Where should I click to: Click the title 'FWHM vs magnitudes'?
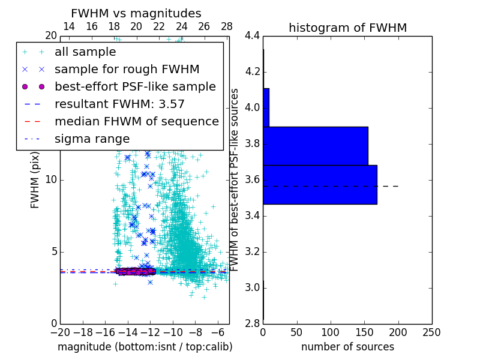tap(136, 13)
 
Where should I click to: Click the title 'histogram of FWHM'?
tap(347, 28)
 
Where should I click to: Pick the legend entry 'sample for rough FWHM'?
tap(127, 69)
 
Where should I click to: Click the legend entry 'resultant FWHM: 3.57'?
tap(119, 104)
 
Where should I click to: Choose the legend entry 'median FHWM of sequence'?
tap(136, 121)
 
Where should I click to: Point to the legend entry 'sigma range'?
tap(92, 139)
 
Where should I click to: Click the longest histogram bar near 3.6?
tap(320, 184)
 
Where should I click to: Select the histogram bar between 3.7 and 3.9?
tap(315, 146)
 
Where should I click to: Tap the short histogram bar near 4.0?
tap(266, 107)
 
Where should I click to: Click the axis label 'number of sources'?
tap(347, 347)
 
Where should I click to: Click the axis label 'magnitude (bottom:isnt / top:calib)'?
tap(145, 347)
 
